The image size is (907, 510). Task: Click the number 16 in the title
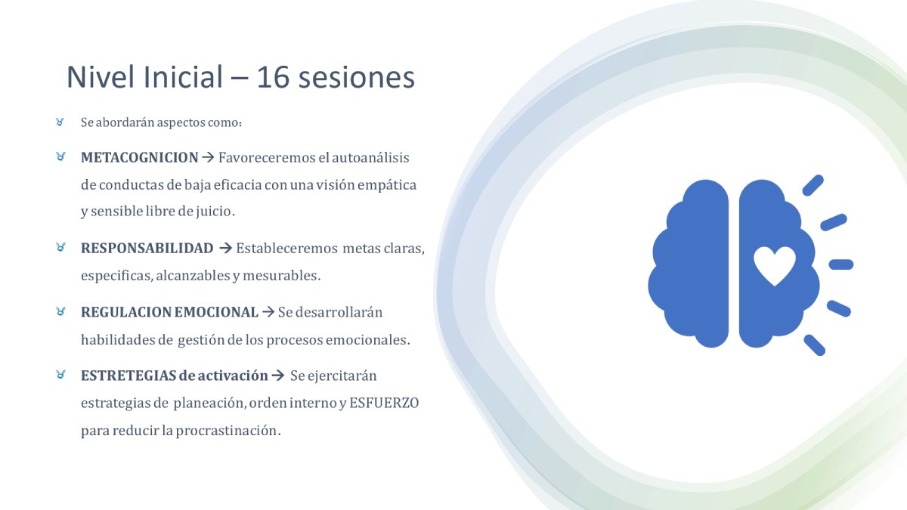click(x=273, y=77)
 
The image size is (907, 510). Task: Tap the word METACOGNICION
click(x=140, y=157)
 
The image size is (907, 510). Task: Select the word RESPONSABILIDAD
click(x=147, y=248)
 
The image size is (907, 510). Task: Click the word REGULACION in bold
click(x=126, y=312)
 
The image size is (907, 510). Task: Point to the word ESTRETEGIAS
click(x=128, y=376)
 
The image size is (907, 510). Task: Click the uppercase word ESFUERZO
click(x=384, y=403)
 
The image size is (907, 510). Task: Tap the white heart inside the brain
click(x=775, y=265)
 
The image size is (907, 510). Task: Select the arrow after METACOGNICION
click(x=208, y=157)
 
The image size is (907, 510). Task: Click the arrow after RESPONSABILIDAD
click(x=225, y=248)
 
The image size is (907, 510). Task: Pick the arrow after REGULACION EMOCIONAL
click(x=268, y=311)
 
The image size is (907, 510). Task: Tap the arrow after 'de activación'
click(x=278, y=376)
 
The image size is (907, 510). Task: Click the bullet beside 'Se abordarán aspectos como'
click(x=60, y=122)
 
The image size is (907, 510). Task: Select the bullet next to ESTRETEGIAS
click(x=60, y=375)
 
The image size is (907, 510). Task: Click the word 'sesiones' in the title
click(x=356, y=77)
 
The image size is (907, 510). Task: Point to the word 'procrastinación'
click(x=228, y=431)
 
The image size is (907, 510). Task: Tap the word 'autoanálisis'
click(x=370, y=157)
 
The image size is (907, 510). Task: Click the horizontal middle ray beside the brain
click(x=841, y=264)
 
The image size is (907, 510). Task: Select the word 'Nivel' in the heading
click(x=100, y=77)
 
